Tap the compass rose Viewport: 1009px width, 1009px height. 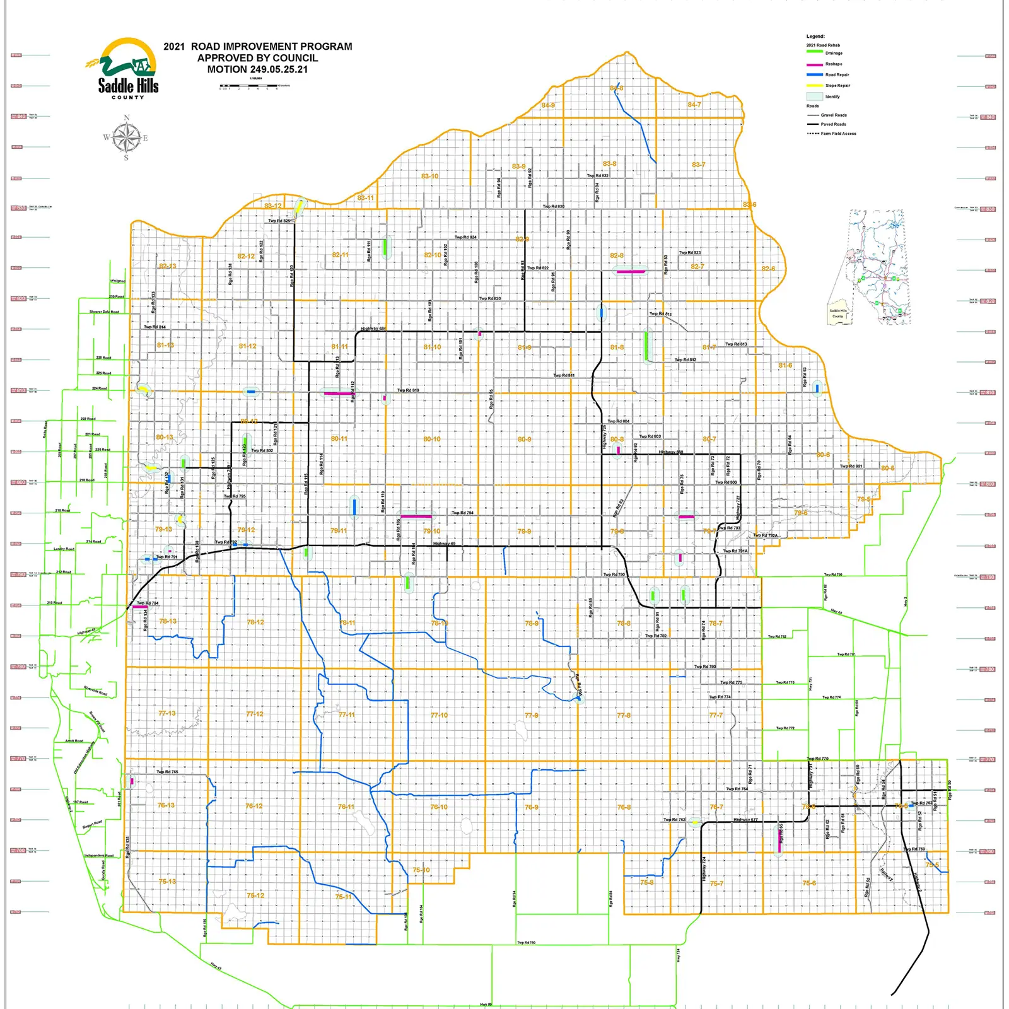(127, 137)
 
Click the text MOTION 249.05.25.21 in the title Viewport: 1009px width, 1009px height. (257, 69)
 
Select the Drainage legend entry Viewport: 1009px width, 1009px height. (833, 53)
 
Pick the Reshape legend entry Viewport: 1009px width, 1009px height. (833, 64)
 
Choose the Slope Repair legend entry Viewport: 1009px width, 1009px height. (837, 85)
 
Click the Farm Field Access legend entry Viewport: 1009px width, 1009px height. (838, 134)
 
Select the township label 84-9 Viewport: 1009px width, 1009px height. (548, 105)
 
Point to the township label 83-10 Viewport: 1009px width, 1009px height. (429, 176)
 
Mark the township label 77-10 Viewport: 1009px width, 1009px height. (439, 715)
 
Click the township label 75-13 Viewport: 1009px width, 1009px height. (167, 881)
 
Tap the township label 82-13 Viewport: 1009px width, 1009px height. (167, 266)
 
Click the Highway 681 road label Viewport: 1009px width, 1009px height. (373, 329)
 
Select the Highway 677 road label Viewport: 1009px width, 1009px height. (745, 820)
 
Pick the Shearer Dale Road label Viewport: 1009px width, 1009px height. (104, 312)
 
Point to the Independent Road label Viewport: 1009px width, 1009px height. (99, 856)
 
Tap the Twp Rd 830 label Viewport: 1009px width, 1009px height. (554, 206)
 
